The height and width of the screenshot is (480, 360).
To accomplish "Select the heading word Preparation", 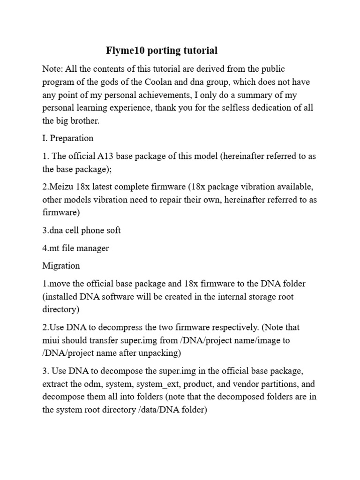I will pyautogui.click(x=72, y=138).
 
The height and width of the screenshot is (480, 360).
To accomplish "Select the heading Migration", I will pyautogui.click(x=61, y=266).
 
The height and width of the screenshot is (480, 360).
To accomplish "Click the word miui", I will pyautogui.click(x=52, y=340).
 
